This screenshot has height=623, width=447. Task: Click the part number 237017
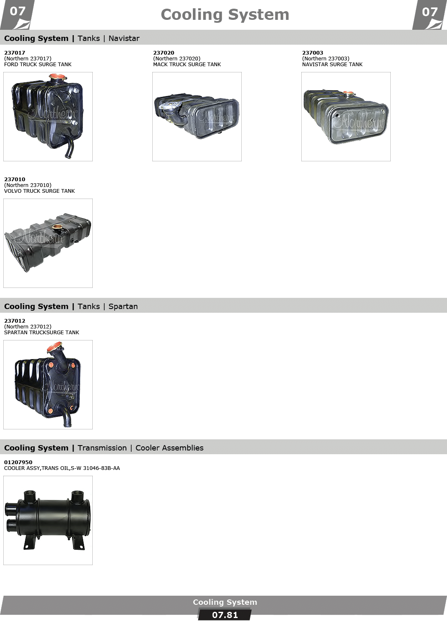[14, 53]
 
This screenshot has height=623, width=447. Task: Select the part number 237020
[163, 53]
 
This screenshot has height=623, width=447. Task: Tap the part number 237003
[312, 53]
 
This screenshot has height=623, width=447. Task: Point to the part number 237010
[14, 179]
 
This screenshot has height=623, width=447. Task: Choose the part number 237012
[14, 321]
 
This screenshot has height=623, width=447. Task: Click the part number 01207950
[18, 462]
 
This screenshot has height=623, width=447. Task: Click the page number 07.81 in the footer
[225, 615]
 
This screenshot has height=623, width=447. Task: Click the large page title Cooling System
[225, 14]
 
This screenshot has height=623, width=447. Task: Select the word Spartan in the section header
[123, 307]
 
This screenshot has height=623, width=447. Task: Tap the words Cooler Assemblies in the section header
[170, 448]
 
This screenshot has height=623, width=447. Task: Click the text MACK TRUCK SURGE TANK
[187, 65]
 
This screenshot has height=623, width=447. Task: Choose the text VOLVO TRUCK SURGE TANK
[39, 191]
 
